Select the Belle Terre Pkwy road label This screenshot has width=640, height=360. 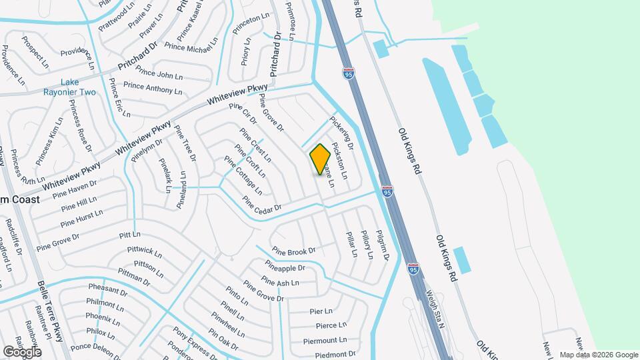(x=51, y=311)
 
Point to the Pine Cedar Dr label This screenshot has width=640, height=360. (x=262, y=203)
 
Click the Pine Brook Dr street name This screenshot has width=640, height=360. (x=293, y=252)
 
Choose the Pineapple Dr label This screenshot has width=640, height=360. (x=285, y=267)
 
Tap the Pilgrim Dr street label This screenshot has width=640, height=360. (x=382, y=243)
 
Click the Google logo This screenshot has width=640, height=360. (x=22, y=351)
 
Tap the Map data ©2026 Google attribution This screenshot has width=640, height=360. (x=598, y=355)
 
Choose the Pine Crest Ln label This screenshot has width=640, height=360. (x=255, y=145)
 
